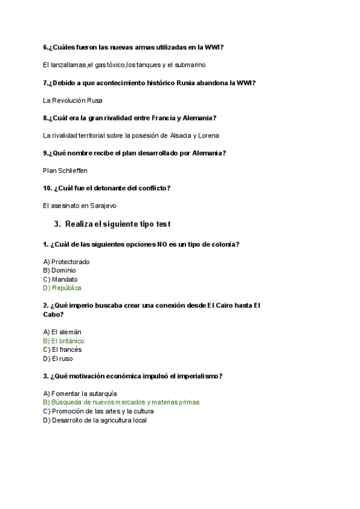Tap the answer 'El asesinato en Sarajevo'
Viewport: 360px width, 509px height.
[x=80, y=205]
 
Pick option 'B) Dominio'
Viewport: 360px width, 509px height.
[x=60, y=270]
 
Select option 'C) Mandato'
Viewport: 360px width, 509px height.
[x=61, y=279]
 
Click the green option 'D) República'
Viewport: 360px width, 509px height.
[x=62, y=288]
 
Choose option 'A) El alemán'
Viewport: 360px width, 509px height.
[x=62, y=332]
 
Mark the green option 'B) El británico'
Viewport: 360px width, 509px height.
[x=64, y=341]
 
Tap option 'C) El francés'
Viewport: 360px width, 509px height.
[x=62, y=349]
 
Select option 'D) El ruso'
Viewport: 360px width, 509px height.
[x=58, y=358]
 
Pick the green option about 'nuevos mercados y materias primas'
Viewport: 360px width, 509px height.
[x=121, y=402]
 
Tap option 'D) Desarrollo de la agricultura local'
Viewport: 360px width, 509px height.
[x=95, y=420]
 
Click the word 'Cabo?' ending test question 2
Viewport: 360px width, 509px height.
[x=53, y=314]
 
